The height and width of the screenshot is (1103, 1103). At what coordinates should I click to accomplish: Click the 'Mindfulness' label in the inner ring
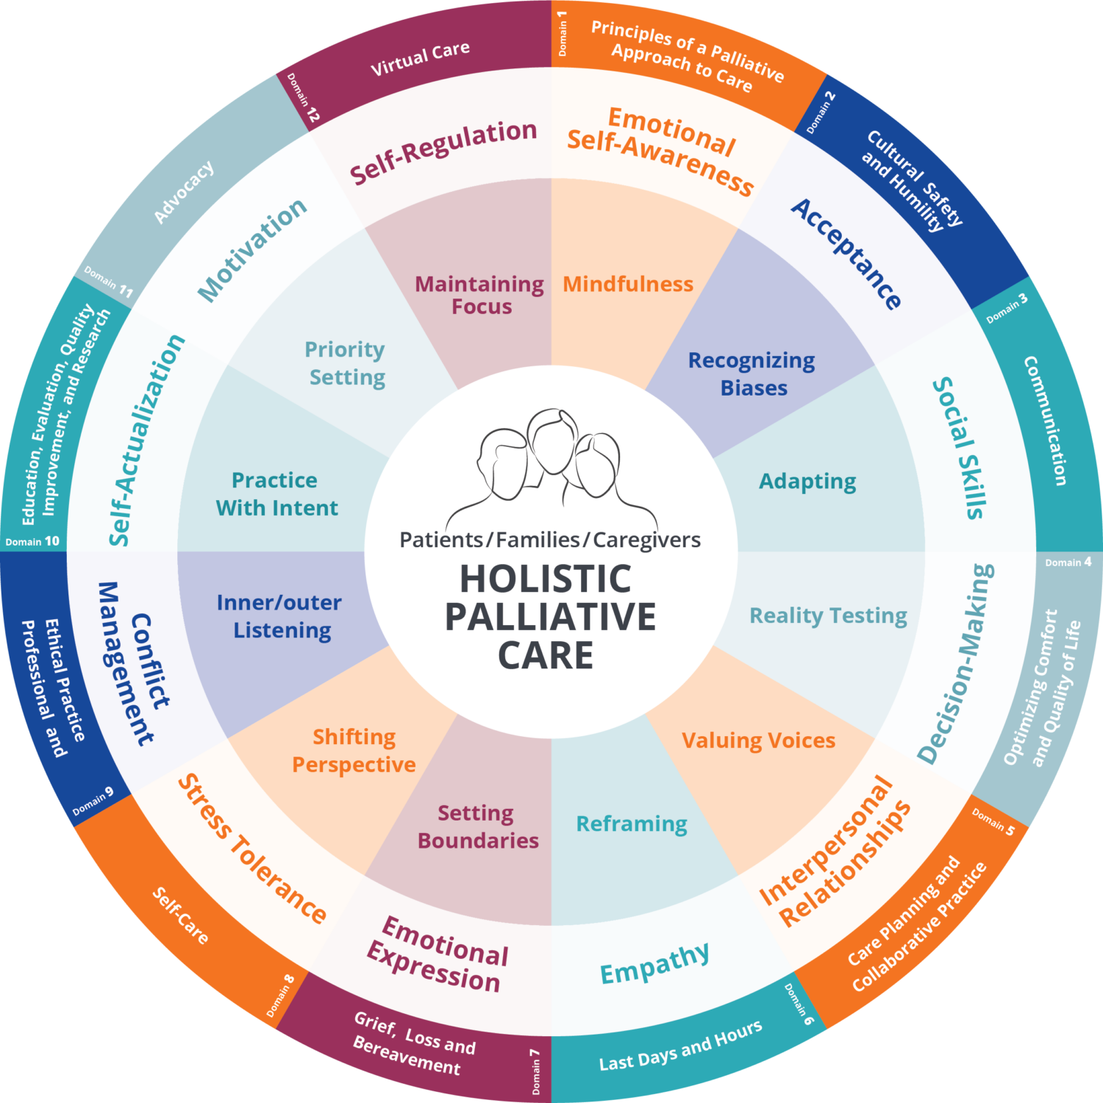coord(628,284)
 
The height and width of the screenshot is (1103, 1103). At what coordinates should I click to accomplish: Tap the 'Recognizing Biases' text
coord(752,374)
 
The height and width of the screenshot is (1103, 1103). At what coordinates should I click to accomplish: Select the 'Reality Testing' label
coord(828,615)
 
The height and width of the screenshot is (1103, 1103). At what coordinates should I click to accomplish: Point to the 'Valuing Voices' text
coord(758,740)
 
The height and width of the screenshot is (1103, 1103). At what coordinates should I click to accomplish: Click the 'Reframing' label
coord(632,824)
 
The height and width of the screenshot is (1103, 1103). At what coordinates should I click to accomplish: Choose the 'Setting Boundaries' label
coord(478,827)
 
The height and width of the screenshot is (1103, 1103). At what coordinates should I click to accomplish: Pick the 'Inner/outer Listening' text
coord(279,616)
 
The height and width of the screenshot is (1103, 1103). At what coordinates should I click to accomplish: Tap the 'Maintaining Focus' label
coord(479,295)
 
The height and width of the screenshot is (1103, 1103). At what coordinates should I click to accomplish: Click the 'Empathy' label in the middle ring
coord(655,963)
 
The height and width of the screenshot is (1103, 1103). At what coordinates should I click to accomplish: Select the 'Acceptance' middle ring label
coord(846,254)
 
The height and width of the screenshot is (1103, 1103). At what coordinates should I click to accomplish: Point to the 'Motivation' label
coord(252,250)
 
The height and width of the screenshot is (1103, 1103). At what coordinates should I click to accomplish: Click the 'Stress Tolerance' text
coord(252,849)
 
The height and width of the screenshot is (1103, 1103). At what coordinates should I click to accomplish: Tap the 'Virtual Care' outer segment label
coord(420,59)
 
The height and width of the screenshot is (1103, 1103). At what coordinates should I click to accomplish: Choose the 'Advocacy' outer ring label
coord(184,192)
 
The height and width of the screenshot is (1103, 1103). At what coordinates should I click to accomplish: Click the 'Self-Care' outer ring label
coord(181,915)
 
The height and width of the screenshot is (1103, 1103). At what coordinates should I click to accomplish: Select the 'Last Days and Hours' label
coord(681,1046)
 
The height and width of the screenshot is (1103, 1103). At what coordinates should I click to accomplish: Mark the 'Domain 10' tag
coord(32,541)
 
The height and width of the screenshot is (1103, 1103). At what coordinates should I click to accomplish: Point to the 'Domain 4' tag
coord(1068,562)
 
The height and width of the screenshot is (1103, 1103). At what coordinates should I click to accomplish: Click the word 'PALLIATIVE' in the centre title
coord(550,616)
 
